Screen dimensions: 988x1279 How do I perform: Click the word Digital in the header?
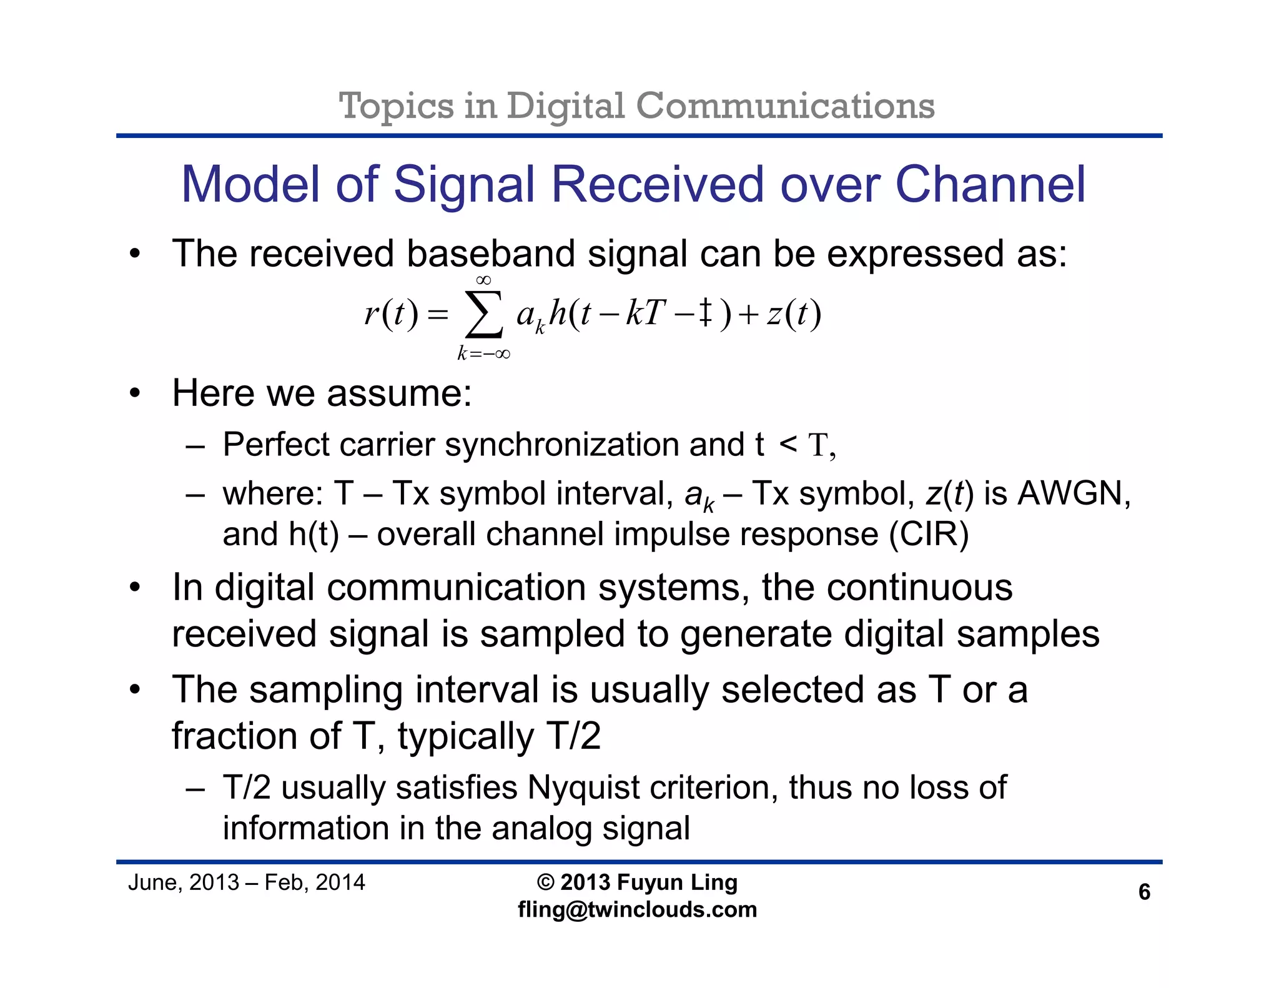point(565,106)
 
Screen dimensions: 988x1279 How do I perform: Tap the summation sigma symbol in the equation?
point(484,315)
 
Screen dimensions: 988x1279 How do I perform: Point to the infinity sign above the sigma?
point(483,280)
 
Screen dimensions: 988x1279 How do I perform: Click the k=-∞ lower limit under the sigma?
point(483,354)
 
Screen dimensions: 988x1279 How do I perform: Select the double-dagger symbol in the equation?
point(704,313)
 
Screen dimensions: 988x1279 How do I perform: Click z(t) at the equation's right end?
point(794,314)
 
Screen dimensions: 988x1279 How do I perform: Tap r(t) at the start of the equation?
point(391,314)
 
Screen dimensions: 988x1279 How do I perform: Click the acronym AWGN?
point(1074,493)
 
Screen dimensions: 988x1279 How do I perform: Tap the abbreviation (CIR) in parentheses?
point(929,535)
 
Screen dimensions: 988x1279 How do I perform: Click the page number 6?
point(1143,892)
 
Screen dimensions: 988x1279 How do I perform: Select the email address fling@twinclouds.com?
point(637,910)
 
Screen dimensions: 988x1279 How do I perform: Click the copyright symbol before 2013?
point(545,882)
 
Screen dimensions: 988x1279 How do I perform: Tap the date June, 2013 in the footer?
point(183,882)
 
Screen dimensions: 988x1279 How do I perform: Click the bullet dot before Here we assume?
point(135,394)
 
